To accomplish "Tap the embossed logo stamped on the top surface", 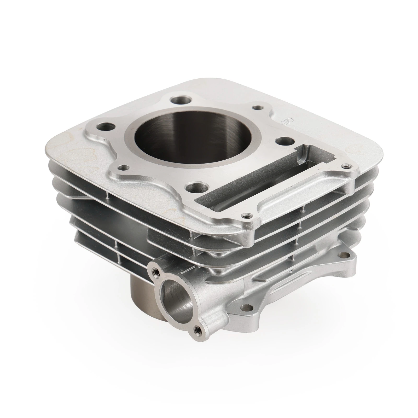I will tap(285, 121).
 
